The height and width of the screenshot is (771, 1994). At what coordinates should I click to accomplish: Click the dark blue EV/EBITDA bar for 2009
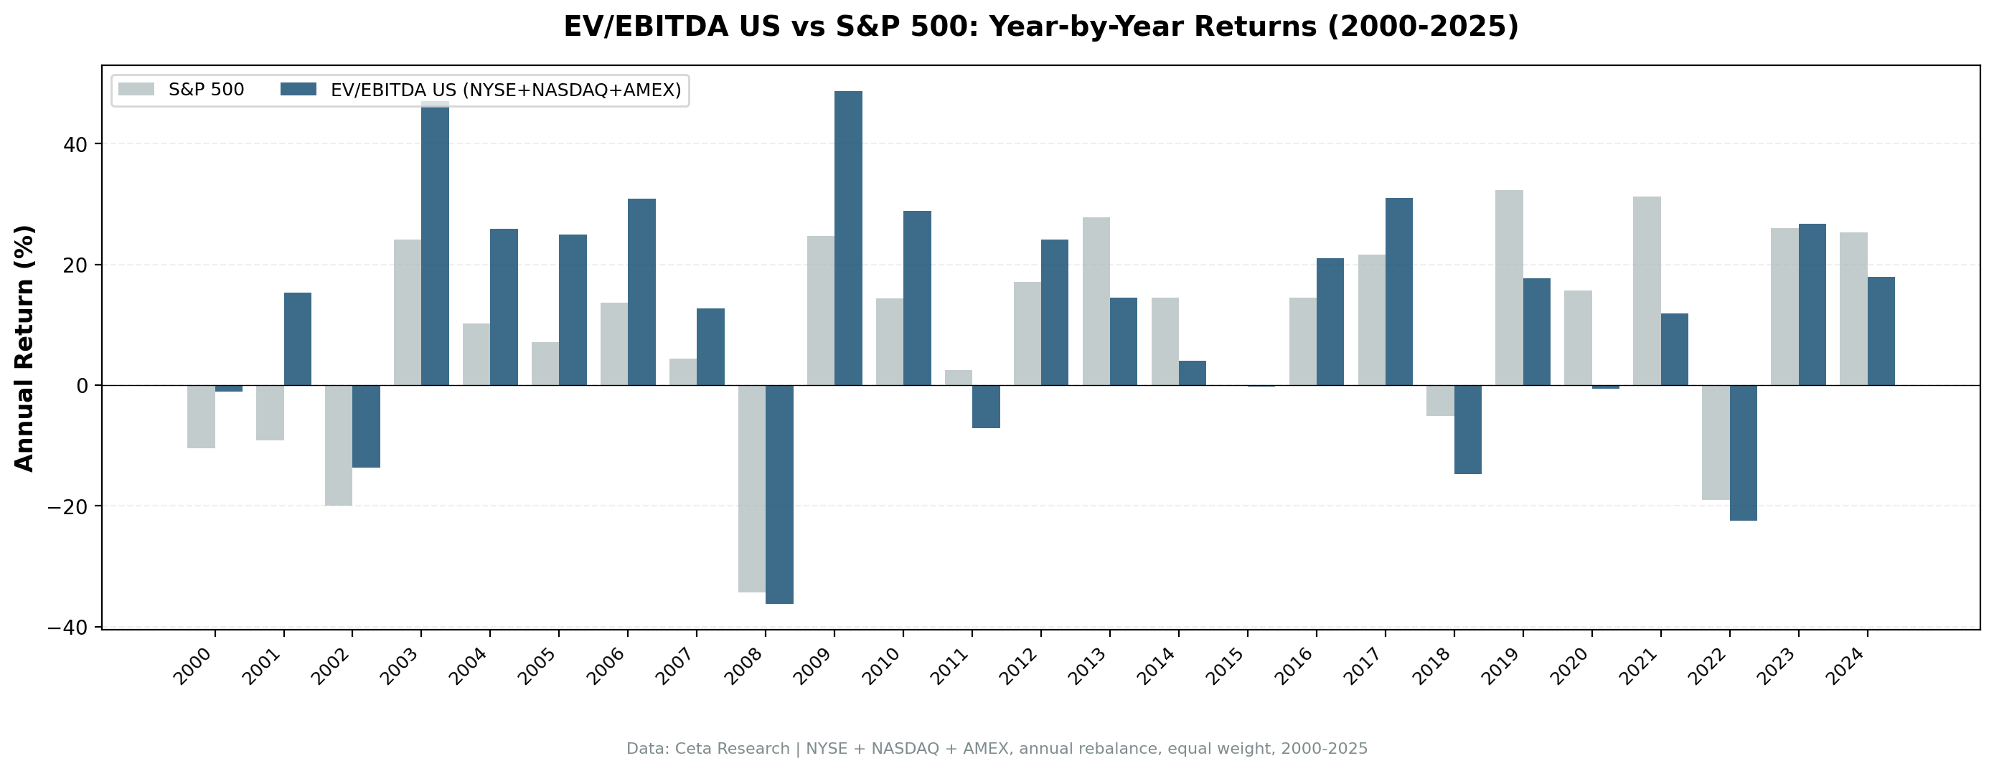847,238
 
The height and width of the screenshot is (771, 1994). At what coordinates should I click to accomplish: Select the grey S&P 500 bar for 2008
752,488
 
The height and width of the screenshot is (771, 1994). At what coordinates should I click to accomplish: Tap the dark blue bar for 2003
435,243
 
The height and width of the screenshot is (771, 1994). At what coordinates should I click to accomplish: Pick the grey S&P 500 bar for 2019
1509,288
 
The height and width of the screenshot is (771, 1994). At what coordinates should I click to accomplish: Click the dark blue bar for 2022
1743,453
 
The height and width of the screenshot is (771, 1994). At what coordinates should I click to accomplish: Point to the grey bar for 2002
338,445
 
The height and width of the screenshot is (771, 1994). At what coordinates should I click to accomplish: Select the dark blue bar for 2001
297,339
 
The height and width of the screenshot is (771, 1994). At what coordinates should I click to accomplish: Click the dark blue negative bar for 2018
1467,430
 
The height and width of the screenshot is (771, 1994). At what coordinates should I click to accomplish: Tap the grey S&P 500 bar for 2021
1647,291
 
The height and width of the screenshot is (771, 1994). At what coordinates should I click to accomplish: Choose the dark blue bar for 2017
1398,292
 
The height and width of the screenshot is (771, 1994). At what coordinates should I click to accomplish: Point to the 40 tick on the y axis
77,144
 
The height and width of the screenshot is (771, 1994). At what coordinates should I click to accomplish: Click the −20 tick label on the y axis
69,506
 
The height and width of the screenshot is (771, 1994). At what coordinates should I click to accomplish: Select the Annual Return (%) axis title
25,348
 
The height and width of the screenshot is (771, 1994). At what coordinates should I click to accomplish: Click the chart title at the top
1040,27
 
